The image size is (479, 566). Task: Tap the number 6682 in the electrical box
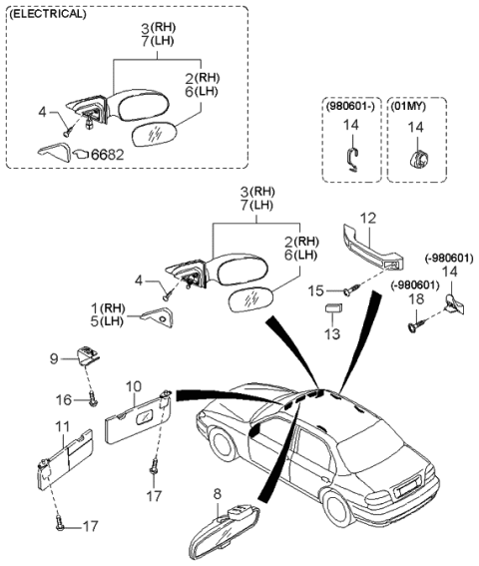coord(107,155)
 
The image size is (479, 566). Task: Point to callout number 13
coord(333,332)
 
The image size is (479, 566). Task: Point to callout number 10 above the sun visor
coord(134,385)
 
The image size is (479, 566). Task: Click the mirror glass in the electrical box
coord(156,133)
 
